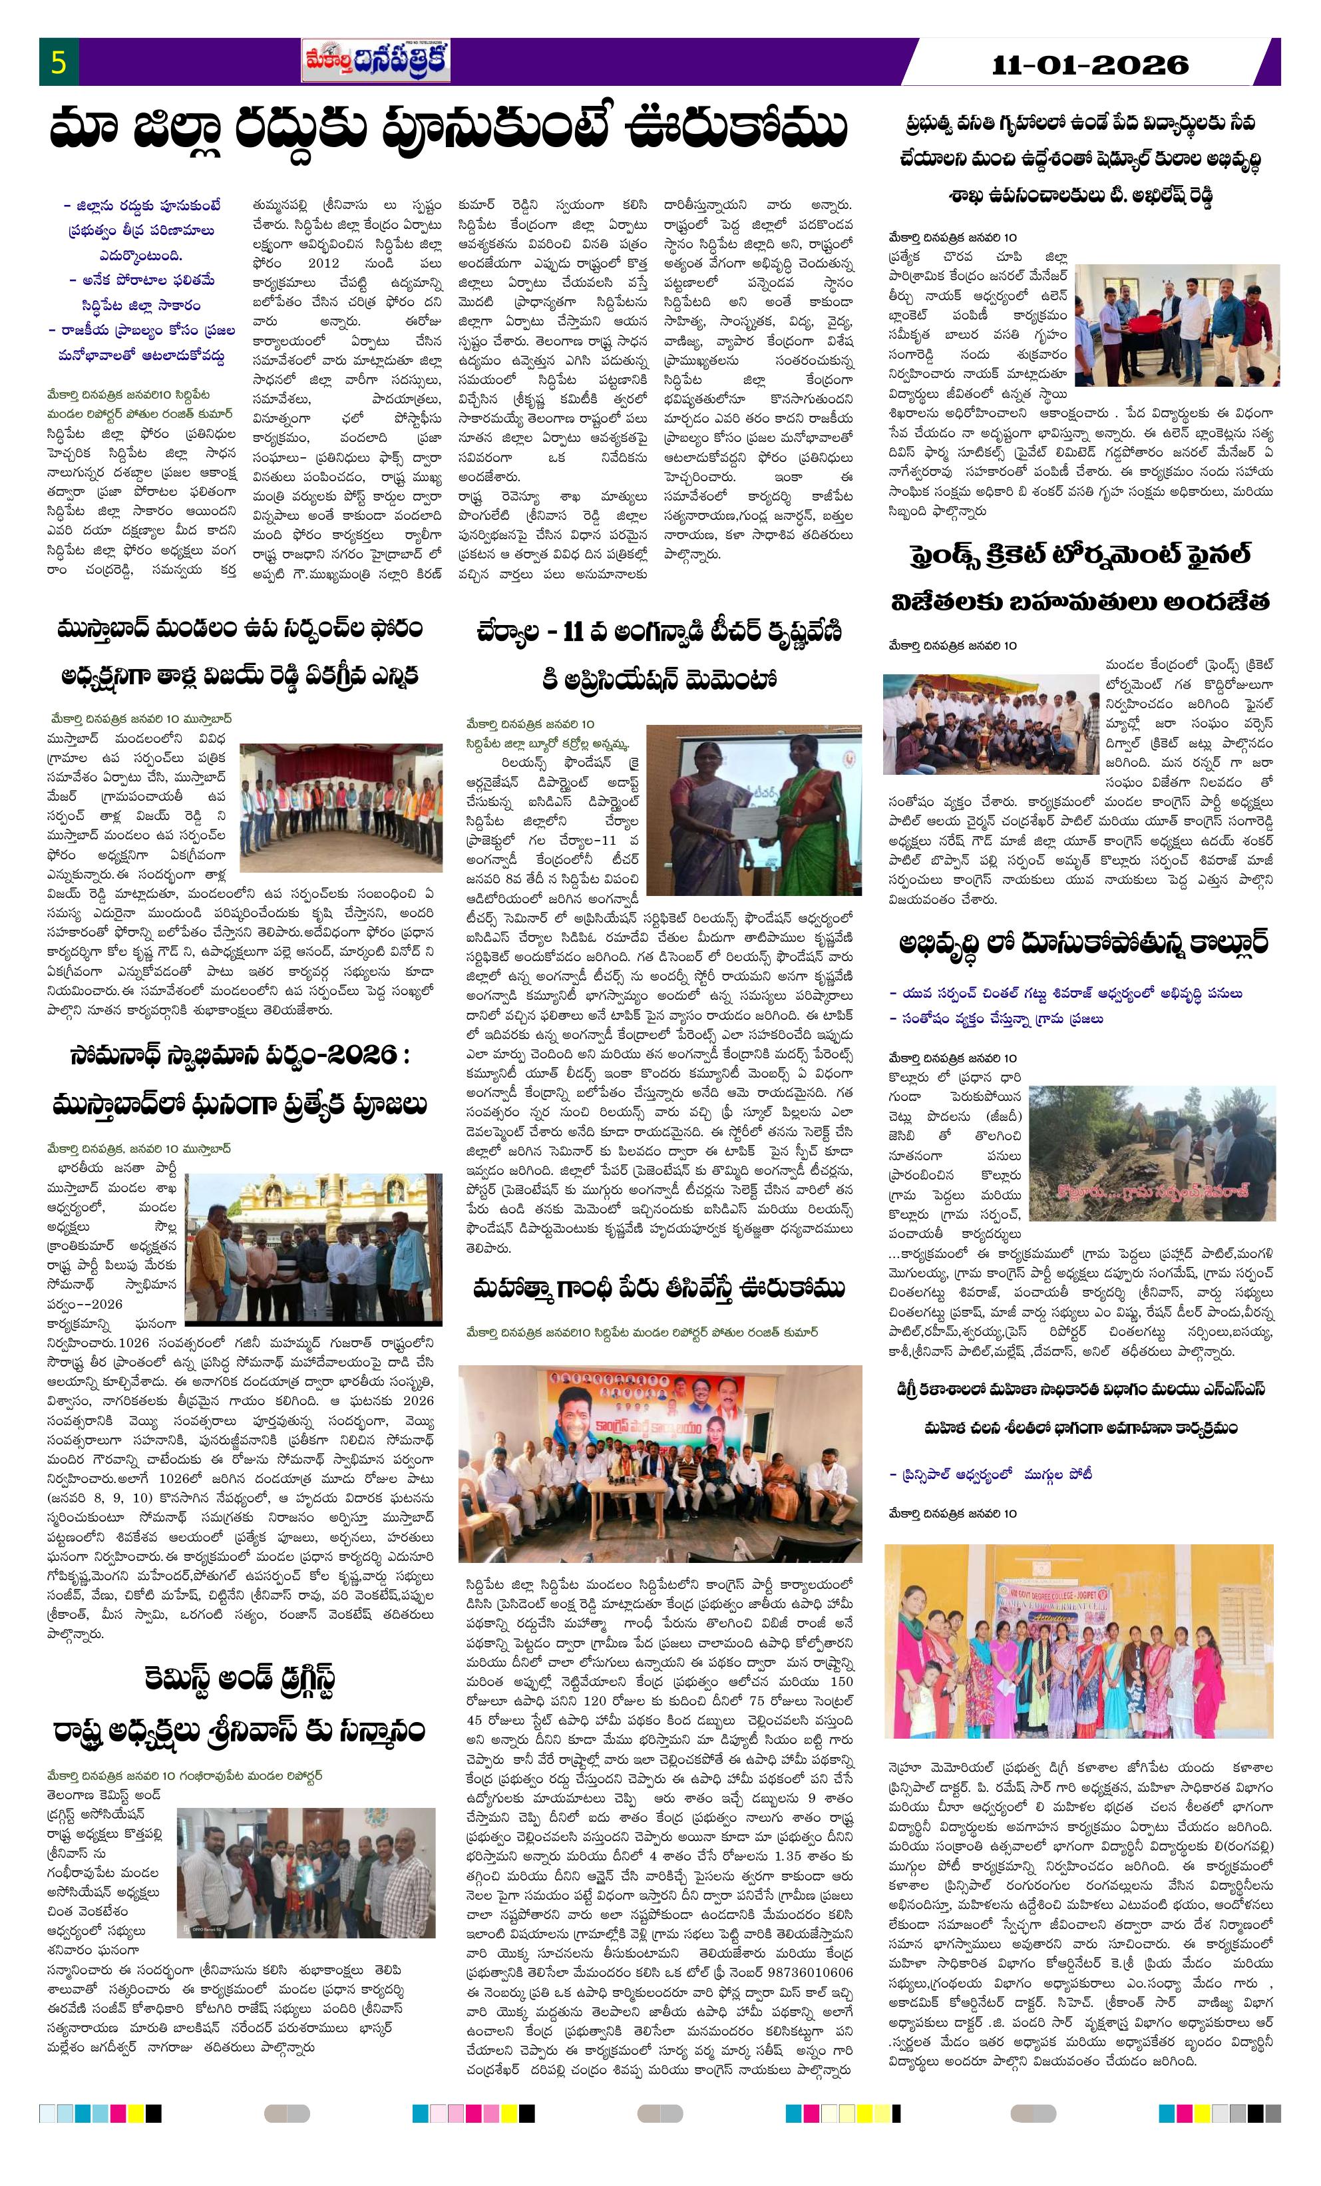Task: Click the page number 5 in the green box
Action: (x=59, y=63)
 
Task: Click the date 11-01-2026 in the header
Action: (x=1090, y=64)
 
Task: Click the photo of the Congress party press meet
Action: (x=660, y=1463)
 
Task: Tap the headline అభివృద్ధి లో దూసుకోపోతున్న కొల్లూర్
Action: (x=1079, y=941)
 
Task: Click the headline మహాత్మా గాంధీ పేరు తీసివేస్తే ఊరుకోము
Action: (x=660, y=1288)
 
